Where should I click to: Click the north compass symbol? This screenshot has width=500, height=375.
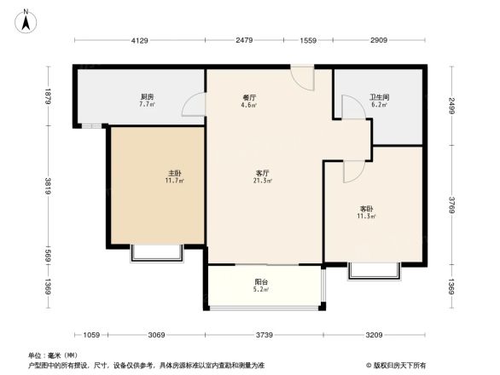(x=27, y=19)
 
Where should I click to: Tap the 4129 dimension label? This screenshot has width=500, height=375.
(x=139, y=41)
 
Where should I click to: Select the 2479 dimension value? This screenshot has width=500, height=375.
(x=245, y=41)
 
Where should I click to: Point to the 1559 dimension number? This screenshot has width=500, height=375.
(x=308, y=41)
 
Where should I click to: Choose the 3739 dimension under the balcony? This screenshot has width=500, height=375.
(x=265, y=335)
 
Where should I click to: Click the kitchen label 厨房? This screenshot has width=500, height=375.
(x=147, y=96)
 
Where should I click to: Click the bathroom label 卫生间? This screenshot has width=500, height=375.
(x=379, y=96)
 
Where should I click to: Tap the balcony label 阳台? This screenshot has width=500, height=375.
(x=261, y=282)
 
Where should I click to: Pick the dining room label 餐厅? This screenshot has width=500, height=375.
(x=250, y=97)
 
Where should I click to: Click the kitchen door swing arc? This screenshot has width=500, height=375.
(x=194, y=105)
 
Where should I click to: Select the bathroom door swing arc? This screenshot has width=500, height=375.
(x=351, y=107)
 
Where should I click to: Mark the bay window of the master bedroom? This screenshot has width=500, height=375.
(x=156, y=252)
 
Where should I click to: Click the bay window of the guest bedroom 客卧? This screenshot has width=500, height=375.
(x=375, y=270)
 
